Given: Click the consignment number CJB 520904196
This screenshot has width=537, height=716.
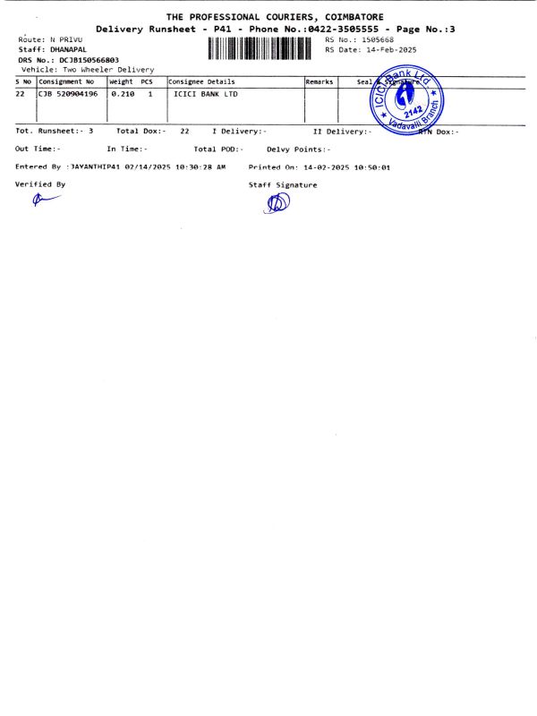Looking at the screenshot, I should click(x=67, y=93).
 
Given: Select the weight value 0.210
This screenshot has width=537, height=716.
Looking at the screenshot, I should click(x=122, y=93).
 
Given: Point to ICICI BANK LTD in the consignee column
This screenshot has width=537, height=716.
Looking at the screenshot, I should click(x=205, y=93).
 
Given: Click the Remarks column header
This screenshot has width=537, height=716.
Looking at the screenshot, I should click(x=320, y=81).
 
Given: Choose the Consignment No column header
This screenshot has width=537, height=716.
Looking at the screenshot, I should click(x=65, y=81).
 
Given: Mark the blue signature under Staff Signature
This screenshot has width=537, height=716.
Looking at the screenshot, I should click(x=277, y=204).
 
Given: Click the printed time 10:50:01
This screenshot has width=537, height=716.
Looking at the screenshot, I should click(x=370, y=167).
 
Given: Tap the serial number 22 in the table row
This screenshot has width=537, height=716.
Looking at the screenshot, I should click(x=20, y=93).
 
